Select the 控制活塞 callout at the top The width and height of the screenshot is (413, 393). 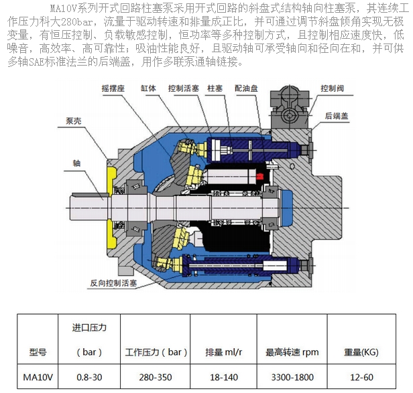click(184, 88)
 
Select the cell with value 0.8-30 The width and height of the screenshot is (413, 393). click(89, 377)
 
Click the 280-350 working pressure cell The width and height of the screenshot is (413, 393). click(155, 377)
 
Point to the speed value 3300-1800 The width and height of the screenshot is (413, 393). click(292, 377)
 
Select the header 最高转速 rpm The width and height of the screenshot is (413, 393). click(292, 351)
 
